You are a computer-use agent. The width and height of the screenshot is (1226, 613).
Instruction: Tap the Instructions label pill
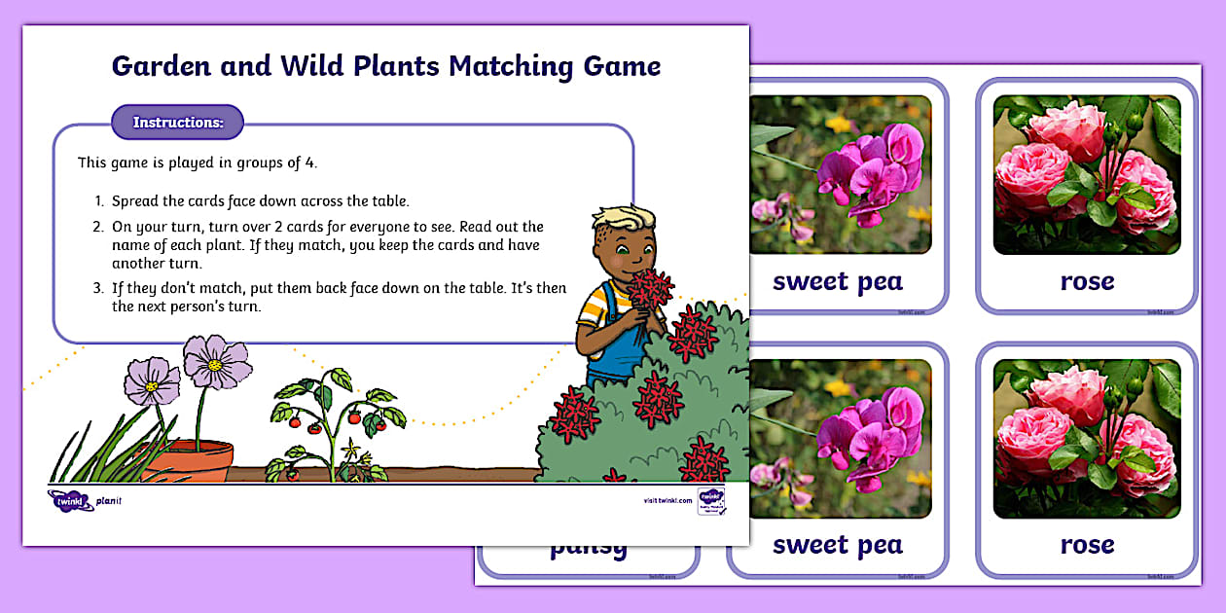click(178, 123)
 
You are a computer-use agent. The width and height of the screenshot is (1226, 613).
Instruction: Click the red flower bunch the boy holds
click(649, 288)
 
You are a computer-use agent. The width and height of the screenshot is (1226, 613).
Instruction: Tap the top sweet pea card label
click(837, 282)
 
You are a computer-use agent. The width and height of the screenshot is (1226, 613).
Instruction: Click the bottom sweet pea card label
click(837, 545)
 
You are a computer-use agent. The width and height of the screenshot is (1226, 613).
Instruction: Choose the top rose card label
click(1087, 282)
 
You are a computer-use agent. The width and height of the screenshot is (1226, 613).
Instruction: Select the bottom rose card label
click(1087, 545)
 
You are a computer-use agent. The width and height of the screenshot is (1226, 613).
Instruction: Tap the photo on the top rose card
click(1087, 174)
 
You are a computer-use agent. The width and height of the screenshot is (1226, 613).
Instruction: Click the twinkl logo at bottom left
click(70, 500)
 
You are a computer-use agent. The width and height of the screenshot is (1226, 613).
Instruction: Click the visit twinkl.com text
click(667, 500)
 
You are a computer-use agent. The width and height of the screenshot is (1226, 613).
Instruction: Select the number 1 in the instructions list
click(98, 201)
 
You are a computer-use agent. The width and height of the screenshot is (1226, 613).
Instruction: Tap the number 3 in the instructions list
click(98, 289)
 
